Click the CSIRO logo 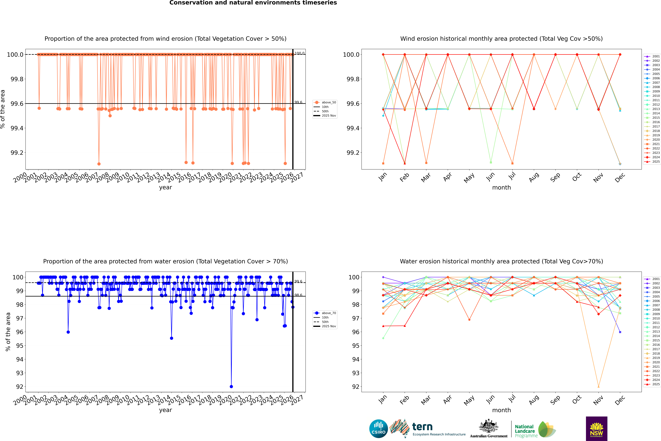pyautogui.click(x=378, y=429)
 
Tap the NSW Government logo pyautogui.click(x=596, y=429)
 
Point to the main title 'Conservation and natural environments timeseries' pyautogui.click(x=253, y=3)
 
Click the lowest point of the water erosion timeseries pyautogui.click(x=231, y=386)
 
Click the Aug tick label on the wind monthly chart pyautogui.click(x=534, y=177)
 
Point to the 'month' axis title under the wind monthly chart pyautogui.click(x=501, y=188)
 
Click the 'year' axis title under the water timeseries pyautogui.click(x=165, y=410)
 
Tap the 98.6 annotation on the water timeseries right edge pyautogui.click(x=298, y=295)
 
